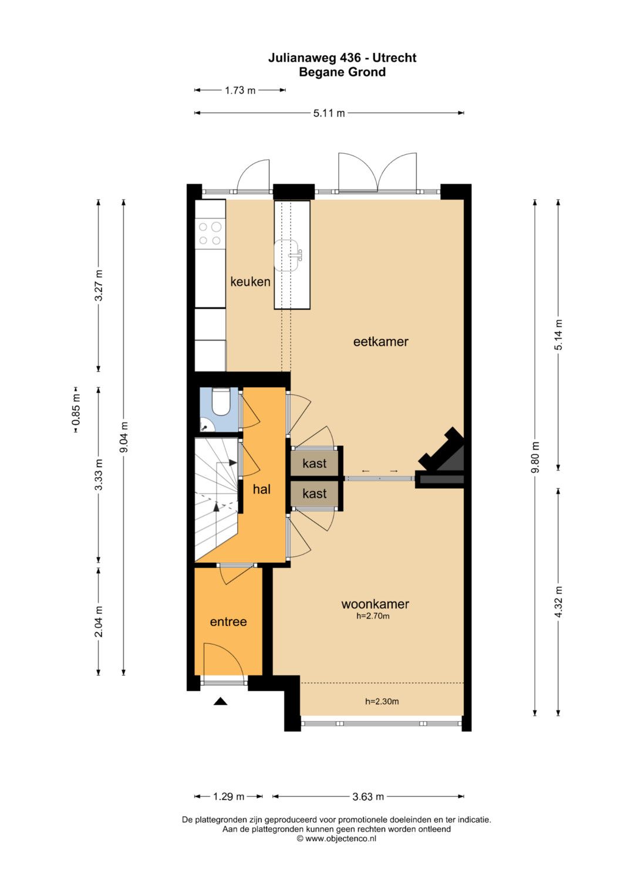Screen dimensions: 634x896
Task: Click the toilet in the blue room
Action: coord(220,401)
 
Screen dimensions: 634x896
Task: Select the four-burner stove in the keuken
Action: coord(210,234)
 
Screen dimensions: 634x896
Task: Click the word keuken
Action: coord(250,282)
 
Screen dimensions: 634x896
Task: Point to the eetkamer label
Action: coord(380,342)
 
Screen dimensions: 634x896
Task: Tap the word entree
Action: coord(228,621)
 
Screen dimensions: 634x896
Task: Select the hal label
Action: coord(262,489)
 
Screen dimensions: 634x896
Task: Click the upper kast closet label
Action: coord(315,463)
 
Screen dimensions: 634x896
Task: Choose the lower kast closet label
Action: coord(315,493)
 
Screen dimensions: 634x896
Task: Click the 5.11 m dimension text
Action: coord(329,113)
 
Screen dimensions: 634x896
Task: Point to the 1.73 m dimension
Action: coord(240,90)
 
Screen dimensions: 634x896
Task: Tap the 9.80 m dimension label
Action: coord(535,457)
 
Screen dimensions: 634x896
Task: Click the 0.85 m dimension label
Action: coord(76,410)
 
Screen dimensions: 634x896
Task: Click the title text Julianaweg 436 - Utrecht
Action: coord(342,58)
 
